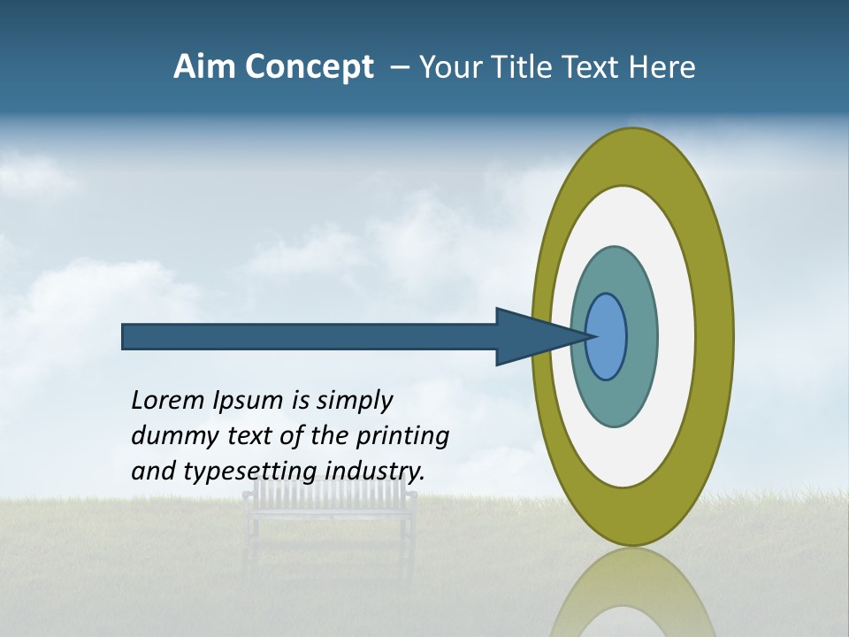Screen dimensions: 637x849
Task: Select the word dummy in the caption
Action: [x=171, y=436]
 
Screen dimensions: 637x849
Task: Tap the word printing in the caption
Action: [x=402, y=437]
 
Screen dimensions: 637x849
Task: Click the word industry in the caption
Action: [x=375, y=471]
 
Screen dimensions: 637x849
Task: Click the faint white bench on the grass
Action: [x=330, y=509]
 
